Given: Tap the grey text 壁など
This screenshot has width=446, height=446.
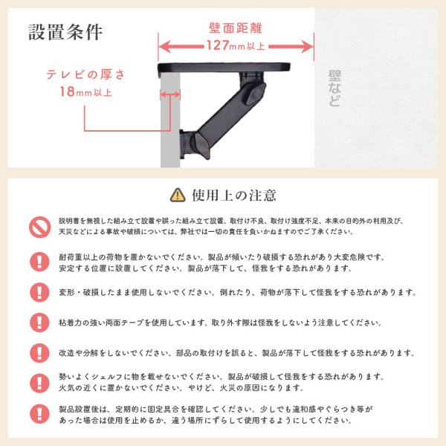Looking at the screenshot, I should [334, 88].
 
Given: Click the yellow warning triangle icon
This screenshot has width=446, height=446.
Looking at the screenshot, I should [177, 195].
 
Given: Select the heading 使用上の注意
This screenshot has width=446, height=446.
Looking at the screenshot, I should [234, 195].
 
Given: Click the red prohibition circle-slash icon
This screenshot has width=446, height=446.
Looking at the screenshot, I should [38, 226].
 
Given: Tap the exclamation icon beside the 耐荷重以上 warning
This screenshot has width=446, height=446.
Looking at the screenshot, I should [38, 262].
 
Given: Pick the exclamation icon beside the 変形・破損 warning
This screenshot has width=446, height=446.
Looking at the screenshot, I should [38, 292].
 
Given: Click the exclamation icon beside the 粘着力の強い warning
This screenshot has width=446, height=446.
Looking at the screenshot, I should [38, 323].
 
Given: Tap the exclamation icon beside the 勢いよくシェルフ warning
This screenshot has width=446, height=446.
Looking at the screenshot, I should [38, 383].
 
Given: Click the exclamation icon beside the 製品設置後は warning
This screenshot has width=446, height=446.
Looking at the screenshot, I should [38, 414].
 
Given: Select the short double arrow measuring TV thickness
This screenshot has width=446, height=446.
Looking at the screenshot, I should [170, 94].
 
